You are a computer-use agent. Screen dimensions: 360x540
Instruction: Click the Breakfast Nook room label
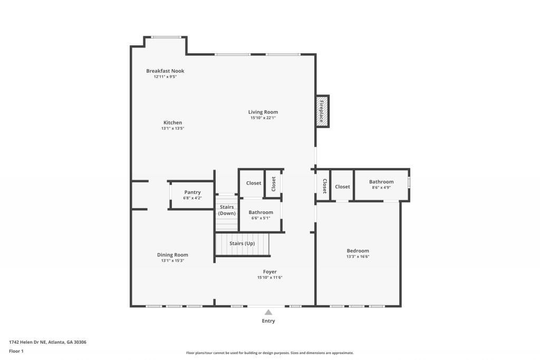(x=165, y=71)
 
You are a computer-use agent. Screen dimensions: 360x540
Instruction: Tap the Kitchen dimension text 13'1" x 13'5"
(x=172, y=128)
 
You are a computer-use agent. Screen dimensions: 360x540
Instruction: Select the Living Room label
(x=263, y=112)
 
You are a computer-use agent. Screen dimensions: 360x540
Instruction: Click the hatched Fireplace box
(x=322, y=111)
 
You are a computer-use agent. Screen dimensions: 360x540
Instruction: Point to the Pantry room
(x=192, y=195)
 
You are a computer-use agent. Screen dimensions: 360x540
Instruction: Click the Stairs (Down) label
(x=227, y=210)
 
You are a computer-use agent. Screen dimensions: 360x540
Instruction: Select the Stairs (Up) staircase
(x=242, y=244)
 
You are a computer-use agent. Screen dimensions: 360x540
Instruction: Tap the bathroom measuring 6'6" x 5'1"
(x=261, y=215)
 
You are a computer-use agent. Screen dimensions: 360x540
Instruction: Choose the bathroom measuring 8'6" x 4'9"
(x=381, y=184)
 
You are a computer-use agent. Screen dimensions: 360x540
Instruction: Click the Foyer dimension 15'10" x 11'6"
(x=269, y=278)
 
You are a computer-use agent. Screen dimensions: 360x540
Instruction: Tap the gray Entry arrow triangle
(x=268, y=312)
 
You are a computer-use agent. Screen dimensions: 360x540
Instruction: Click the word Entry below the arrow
(x=268, y=321)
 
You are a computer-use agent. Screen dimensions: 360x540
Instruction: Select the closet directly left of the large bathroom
(x=342, y=187)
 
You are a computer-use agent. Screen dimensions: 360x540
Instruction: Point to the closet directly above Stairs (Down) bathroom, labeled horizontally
(x=254, y=183)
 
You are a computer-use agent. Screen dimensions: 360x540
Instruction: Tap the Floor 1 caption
(x=16, y=351)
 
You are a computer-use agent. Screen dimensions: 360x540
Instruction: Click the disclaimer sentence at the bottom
(x=269, y=353)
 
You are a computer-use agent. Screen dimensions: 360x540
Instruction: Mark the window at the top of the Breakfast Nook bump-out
(x=166, y=37)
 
